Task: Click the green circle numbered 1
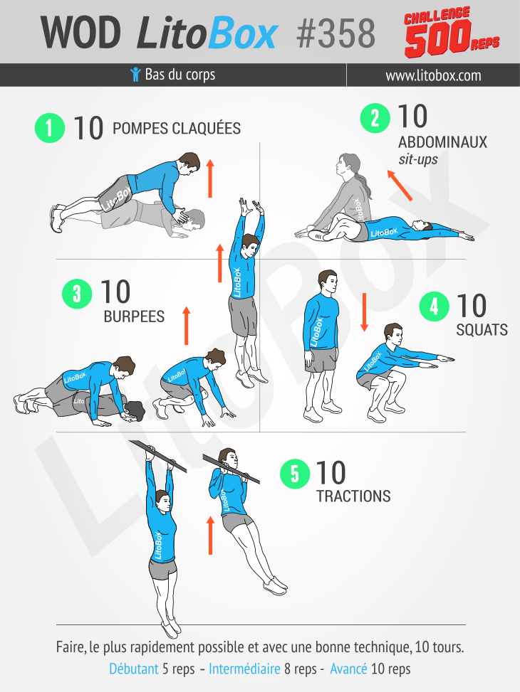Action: [50, 128]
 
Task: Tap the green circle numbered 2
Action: [375, 118]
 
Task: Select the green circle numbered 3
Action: [77, 294]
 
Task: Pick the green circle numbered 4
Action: [435, 307]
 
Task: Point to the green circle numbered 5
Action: [295, 474]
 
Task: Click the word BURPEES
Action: [134, 316]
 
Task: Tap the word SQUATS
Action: [482, 330]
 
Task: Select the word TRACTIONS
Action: [353, 496]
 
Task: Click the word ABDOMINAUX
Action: [442, 142]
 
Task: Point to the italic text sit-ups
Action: [418, 159]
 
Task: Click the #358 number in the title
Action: [336, 33]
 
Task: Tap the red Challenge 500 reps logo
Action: [451, 32]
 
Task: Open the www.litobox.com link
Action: [433, 75]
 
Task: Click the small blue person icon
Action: [136, 75]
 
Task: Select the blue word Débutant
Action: [133, 669]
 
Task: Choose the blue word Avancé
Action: [348, 669]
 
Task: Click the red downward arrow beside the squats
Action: [364, 312]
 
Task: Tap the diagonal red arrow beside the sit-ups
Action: [400, 185]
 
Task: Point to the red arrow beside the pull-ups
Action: [210, 536]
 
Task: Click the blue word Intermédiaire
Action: [244, 669]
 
